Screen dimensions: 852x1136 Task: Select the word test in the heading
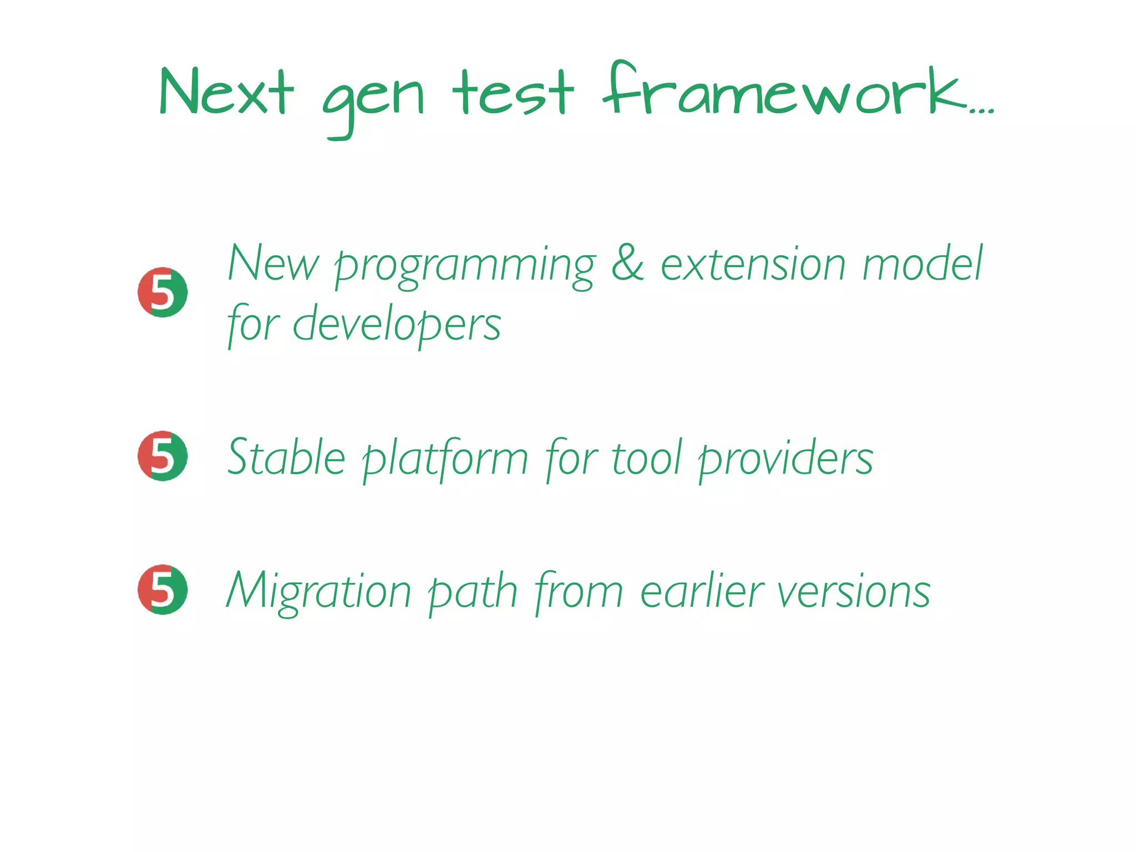[x=513, y=93]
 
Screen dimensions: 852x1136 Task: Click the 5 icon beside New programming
[x=163, y=292]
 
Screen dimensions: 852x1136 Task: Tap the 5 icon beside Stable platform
[x=163, y=455]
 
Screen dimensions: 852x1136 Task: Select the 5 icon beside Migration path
[x=163, y=589]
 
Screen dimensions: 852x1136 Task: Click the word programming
[x=465, y=266]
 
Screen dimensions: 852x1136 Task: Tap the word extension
[x=753, y=264]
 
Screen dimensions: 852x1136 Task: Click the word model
[x=922, y=263]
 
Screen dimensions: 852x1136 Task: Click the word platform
[x=445, y=459]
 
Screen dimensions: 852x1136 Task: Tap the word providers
[x=785, y=459]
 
